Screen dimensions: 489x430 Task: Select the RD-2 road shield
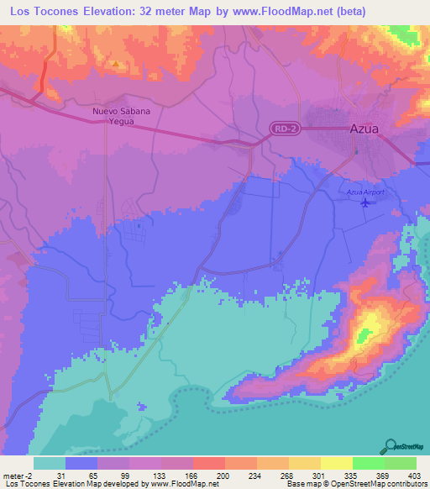click(x=284, y=128)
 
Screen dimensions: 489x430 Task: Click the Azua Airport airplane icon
click(x=364, y=202)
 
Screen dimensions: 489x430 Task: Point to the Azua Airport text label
click(x=365, y=192)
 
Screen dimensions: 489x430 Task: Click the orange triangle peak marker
click(x=116, y=63)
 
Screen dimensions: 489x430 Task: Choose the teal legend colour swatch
click(x=50, y=463)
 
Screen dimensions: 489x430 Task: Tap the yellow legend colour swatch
click(x=337, y=463)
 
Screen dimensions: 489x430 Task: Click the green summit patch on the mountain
click(x=364, y=336)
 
